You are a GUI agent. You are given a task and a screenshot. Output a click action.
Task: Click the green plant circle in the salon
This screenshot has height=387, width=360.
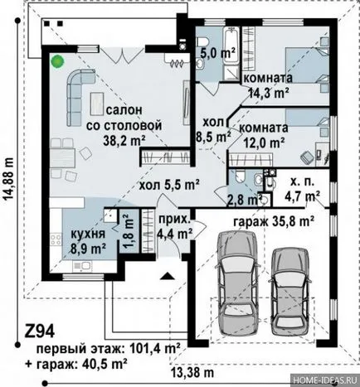tap(58, 61)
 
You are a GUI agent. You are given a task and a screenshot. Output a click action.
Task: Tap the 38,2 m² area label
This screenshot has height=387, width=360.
tap(124, 141)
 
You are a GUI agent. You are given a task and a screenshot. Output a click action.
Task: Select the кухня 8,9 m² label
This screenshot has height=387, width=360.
tap(88, 241)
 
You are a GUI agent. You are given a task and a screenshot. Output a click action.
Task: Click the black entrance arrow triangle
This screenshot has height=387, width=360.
tap(167, 276)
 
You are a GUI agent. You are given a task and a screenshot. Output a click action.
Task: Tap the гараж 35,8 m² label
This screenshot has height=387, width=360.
tap(274, 221)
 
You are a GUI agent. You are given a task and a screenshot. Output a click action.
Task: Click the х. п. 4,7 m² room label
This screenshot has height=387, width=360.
tap(301, 189)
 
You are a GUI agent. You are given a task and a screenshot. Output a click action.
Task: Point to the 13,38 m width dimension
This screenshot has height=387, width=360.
tap(192, 373)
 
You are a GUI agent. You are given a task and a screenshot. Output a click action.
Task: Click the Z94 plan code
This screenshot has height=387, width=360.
tap(39, 331)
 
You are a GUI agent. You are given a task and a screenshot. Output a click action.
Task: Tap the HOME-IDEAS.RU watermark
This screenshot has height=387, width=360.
tap(325, 380)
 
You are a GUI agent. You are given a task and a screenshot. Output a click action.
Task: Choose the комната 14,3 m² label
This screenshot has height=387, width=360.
tap(268, 85)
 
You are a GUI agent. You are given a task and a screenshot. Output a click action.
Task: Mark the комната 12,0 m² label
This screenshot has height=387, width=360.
tap(264, 135)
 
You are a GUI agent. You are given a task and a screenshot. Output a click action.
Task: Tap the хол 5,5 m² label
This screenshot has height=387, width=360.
tap(169, 185)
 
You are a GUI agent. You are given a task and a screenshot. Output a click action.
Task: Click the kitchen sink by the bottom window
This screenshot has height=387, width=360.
tap(82, 266)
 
